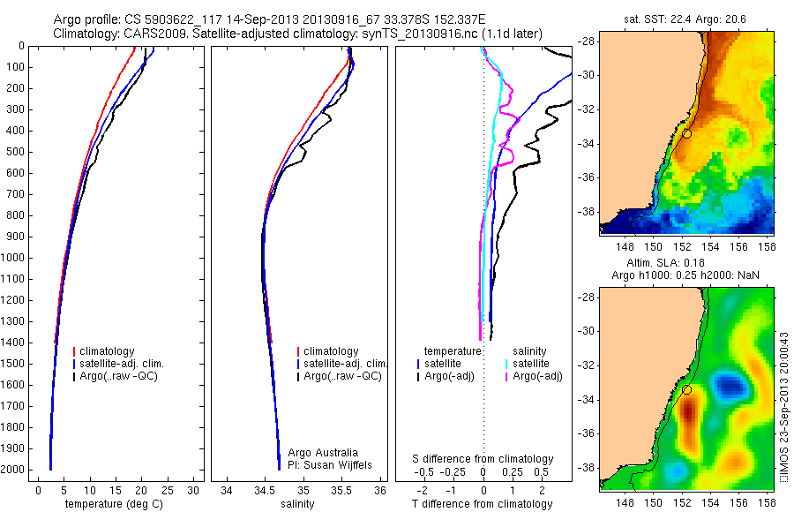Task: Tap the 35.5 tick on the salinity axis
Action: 342,491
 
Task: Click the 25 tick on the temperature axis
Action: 168,491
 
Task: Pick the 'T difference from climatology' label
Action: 483,504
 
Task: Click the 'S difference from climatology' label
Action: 483,459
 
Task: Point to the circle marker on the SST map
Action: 686,133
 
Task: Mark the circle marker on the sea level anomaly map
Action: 686,389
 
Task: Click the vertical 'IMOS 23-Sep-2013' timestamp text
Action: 783,406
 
